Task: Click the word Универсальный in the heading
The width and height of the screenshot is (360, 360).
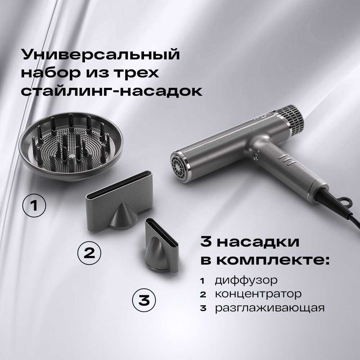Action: click(100, 54)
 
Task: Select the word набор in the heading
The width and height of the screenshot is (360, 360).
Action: click(51, 73)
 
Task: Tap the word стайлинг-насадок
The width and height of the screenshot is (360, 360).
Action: click(112, 91)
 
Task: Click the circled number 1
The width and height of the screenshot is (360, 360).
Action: click(34, 205)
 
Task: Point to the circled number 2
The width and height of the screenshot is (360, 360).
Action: click(89, 253)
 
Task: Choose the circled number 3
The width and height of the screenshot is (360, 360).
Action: click(144, 300)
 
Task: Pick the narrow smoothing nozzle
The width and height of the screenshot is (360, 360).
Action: click(162, 246)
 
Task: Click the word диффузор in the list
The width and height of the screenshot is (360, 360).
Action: click(246, 280)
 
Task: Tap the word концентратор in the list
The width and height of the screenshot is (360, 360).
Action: click(258, 294)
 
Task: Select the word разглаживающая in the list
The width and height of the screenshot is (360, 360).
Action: click(270, 308)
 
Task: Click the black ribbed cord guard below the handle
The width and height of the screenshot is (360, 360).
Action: click(332, 202)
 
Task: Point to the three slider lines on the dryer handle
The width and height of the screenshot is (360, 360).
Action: click(287, 159)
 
